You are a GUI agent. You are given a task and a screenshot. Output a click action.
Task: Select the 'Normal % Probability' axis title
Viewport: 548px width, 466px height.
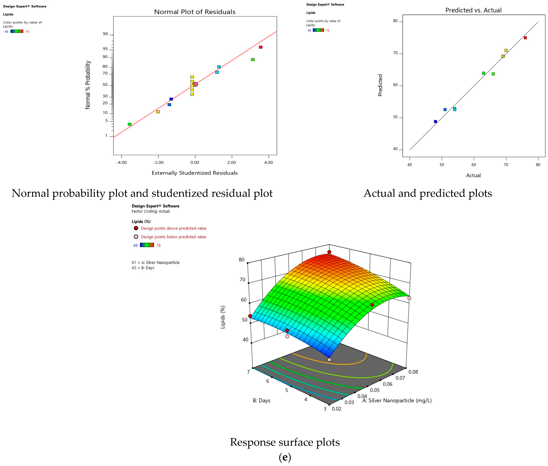point(88,85)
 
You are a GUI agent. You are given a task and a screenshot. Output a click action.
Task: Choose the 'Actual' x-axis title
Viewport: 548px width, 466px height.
point(473,175)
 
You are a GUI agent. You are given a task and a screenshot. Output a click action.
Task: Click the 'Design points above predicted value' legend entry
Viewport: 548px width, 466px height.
point(173,228)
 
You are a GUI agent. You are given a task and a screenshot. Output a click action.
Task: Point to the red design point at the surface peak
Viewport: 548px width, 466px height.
point(329,252)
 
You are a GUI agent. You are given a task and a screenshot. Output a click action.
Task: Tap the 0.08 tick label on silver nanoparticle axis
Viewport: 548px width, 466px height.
point(413,372)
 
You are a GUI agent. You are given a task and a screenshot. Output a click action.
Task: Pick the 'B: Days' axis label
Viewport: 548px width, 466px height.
point(261,401)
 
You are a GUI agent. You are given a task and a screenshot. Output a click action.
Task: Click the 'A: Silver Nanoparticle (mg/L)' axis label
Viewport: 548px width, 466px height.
point(397,401)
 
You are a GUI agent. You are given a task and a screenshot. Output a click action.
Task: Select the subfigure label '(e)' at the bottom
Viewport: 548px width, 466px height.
point(285,457)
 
